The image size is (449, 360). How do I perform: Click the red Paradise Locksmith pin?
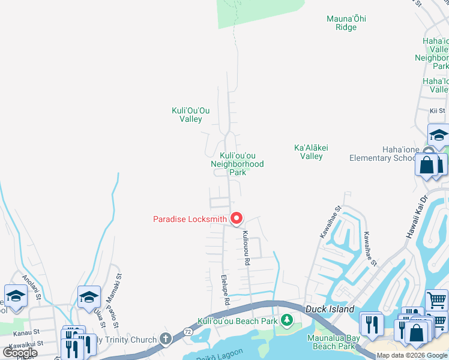pyautogui.click(x=237, y=219)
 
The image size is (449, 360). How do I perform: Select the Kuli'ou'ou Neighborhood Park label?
pyautogui.click(x=237, y=164)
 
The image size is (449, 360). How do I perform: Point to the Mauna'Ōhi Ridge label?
pyautogui.click(x=346, y=23)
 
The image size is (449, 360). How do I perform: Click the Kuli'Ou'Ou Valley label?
pyautogui.click(x=191, y=115)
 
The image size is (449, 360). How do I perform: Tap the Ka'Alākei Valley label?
pyautogui.click(x=309, y=152)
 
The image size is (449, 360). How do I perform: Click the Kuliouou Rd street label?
pyautogui.click(x=246, y=250)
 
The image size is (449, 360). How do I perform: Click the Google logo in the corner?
pyautogui.click(x=20, y=353)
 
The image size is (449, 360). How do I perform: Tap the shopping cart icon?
pyautogui.click(x=437, y=299)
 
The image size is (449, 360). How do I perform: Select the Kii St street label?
pyautogui.click(x=437, y=111)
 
